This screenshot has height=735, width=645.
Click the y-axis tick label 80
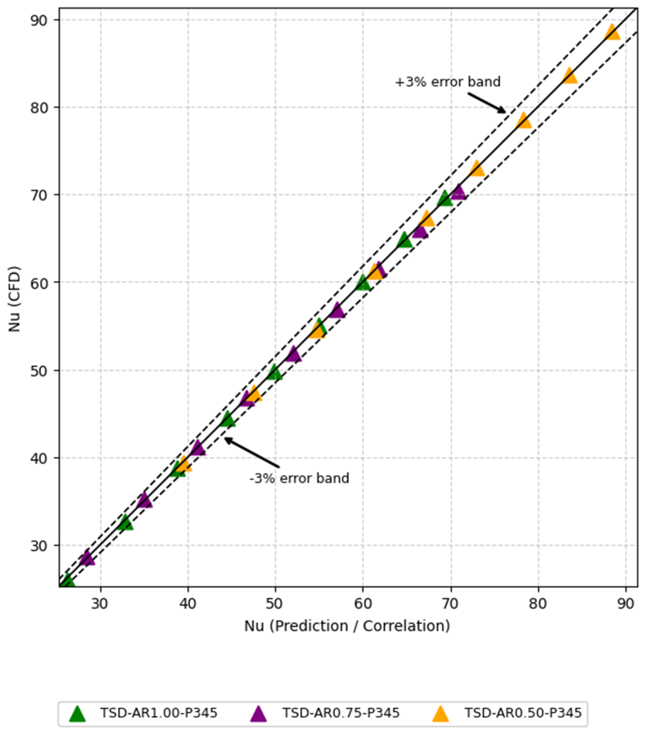tap(40, 107)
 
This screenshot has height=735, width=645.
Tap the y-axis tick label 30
tap(40, 545)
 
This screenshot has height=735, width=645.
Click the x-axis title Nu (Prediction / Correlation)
tap(347, 626)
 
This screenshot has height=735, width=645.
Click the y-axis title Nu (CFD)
tap(14, 299)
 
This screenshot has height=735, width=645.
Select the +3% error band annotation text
tap(448, 82)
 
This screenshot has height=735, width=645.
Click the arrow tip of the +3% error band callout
tap(506, 113)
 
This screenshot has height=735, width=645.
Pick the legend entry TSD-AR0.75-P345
tap(325, 712)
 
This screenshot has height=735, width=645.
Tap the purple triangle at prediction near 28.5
tap(87, 558)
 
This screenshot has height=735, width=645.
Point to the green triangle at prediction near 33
tap(125, 523)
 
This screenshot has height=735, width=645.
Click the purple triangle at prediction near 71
tap(458, 192)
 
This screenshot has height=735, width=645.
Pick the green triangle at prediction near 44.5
tap(227, 419)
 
